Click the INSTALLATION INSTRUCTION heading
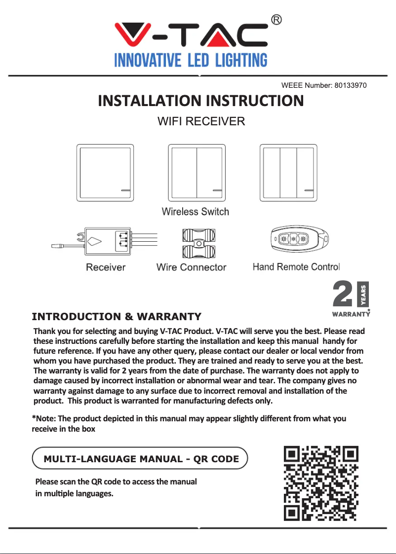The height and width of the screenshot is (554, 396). tap(200, 101)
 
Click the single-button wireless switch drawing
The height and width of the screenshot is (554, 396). tap(105, 172)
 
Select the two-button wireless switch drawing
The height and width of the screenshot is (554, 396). tap(197, 172)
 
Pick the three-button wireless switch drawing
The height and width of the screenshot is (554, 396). tap(288, 172)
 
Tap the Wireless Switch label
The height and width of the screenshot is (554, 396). tap(196, 212)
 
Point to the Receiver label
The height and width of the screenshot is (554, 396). tap(106, 267)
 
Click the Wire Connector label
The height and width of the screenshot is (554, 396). tap(191, 267)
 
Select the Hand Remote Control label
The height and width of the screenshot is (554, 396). tap(296, 267)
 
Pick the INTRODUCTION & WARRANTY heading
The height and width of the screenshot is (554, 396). tap(117, 316)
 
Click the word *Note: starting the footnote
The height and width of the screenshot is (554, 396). tap(44, 418)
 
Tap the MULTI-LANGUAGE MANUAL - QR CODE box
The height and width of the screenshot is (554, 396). tap(140, 459)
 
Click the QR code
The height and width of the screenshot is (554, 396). tap(321, 483)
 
